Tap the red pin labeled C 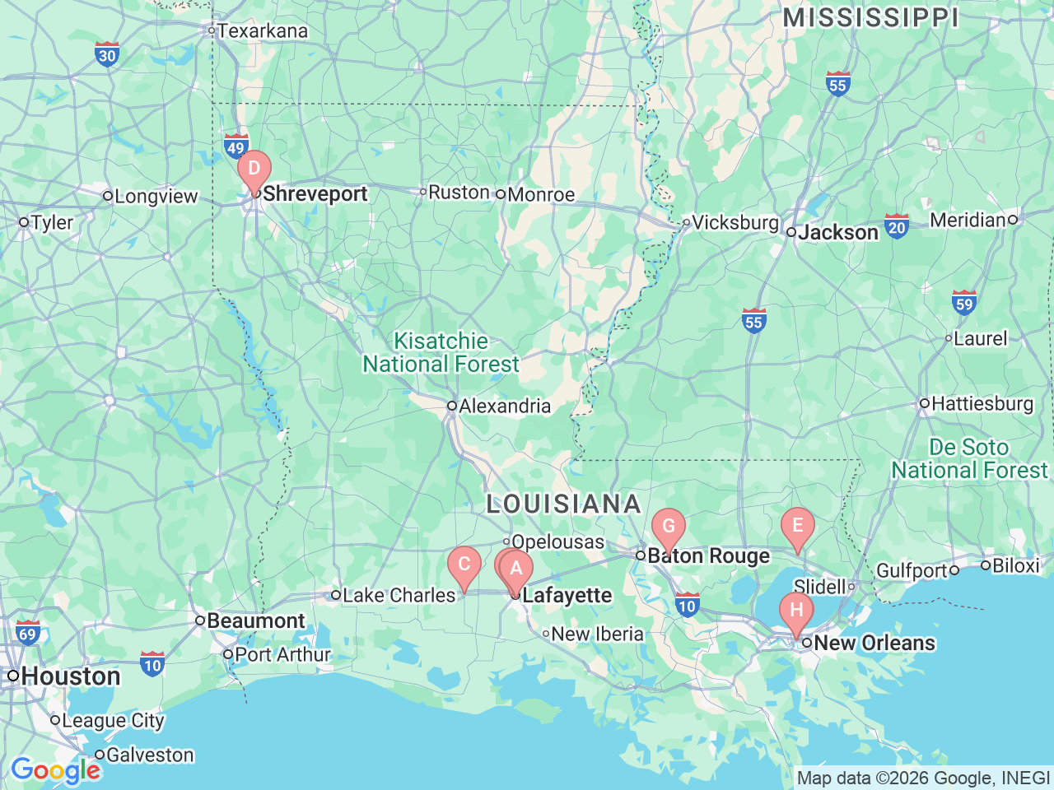pos(464,565)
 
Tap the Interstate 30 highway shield pos(107,54)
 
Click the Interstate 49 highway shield pos(236,146)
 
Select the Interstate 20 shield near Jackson pos(897,226)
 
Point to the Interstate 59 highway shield pos(963,303)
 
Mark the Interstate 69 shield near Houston pos(28,633)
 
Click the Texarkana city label pos(262,31)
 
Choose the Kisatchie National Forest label pos(441,352)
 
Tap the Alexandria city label pos(504,406)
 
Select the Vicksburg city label pos(735,222)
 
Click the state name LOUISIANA pos(563,504)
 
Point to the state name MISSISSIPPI pos(870,17)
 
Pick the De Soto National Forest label pos(969,458)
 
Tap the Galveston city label pos(150,755)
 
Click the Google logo pos(55,771)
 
